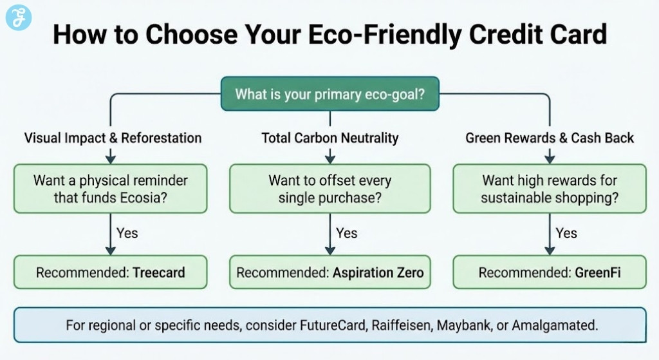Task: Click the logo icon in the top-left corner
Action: point(19,17)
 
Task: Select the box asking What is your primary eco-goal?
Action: point(329,95)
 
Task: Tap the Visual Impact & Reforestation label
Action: point(113,138)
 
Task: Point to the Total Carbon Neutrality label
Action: point(329,138)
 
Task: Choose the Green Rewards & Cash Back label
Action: point(549,138)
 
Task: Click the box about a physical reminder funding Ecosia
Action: point(111,189)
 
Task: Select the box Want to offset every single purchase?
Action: point(329,189)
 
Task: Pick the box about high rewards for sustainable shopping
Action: point(549,189)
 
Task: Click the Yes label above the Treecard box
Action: point(127,233)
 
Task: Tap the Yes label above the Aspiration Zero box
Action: point(346,233)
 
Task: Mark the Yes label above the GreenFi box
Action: point(566,233)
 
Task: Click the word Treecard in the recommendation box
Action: point(158,272)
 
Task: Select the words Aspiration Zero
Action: point(378,272)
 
